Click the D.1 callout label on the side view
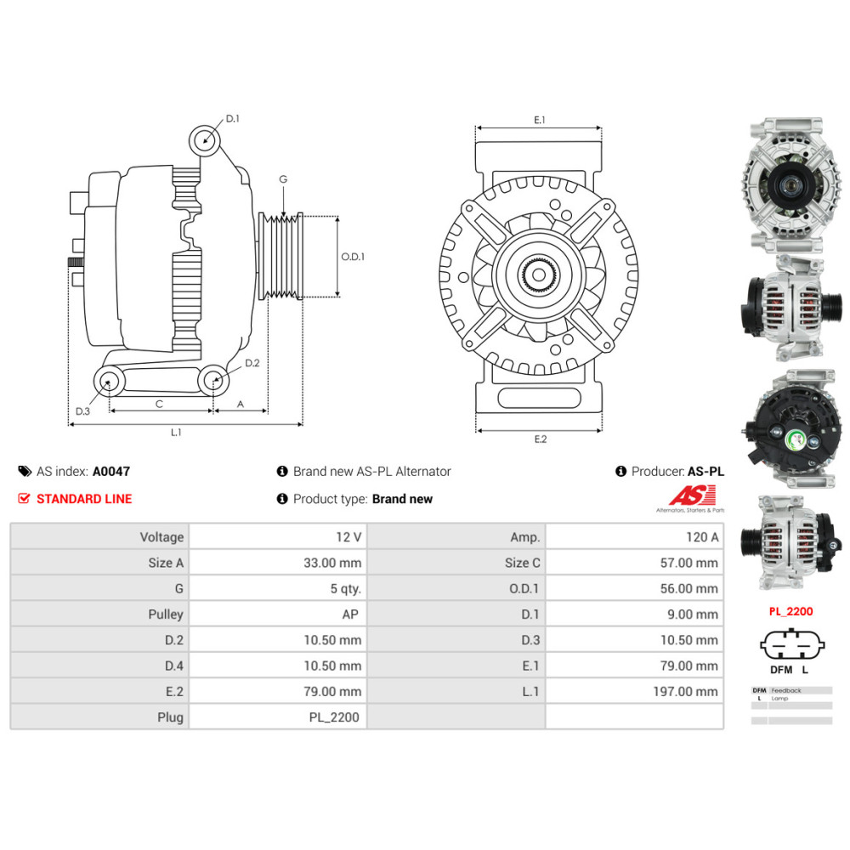point(232,119)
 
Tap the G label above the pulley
point(283,179)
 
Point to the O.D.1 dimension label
point(353,256)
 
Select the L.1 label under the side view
point(176,432)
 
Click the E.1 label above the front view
point(539,121)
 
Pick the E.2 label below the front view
point(540,439)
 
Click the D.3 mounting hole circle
point(108,382)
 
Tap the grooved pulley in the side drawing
point(280,256)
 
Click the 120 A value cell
point(701,536)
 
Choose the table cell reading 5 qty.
point(344,588)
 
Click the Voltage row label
point(161,536)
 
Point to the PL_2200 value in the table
point(334,717)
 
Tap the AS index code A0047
point(111,471)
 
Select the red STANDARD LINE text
point(84,499)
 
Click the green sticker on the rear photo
point(796,440)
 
